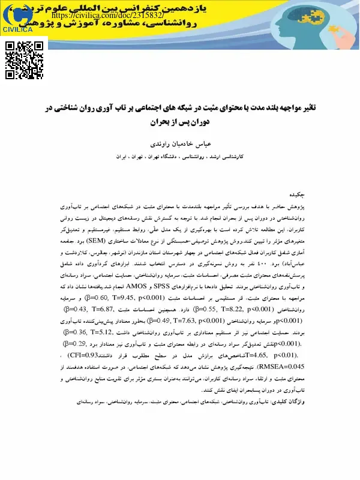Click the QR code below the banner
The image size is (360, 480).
(25, 61)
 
